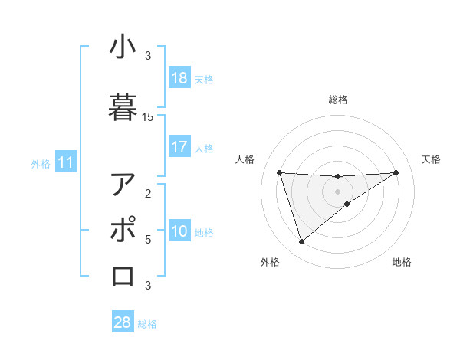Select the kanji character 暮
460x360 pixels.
tap(123, 106)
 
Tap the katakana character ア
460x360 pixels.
tap(123, 185)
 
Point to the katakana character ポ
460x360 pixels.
tap(123, 230)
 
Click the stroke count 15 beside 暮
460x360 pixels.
tap(148, 117)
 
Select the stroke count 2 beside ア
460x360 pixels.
tap(148, 193)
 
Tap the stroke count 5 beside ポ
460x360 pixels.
tap(148, 240)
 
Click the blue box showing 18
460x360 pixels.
tap(179, 78)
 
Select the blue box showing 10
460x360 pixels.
tap(179, 232)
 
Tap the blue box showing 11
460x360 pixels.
tap(66, 162)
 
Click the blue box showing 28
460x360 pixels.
tap(123, 322)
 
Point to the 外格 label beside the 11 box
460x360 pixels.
tap(41, 163)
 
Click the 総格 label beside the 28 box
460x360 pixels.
tap(147, 324)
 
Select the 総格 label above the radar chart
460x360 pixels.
tap(338, 100)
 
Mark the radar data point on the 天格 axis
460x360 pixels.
tap(396, 172)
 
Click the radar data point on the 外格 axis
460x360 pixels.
tap(301, 242)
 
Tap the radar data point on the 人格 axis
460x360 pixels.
tap(280, 172)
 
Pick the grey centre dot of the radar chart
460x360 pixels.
tap(338, 191)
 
